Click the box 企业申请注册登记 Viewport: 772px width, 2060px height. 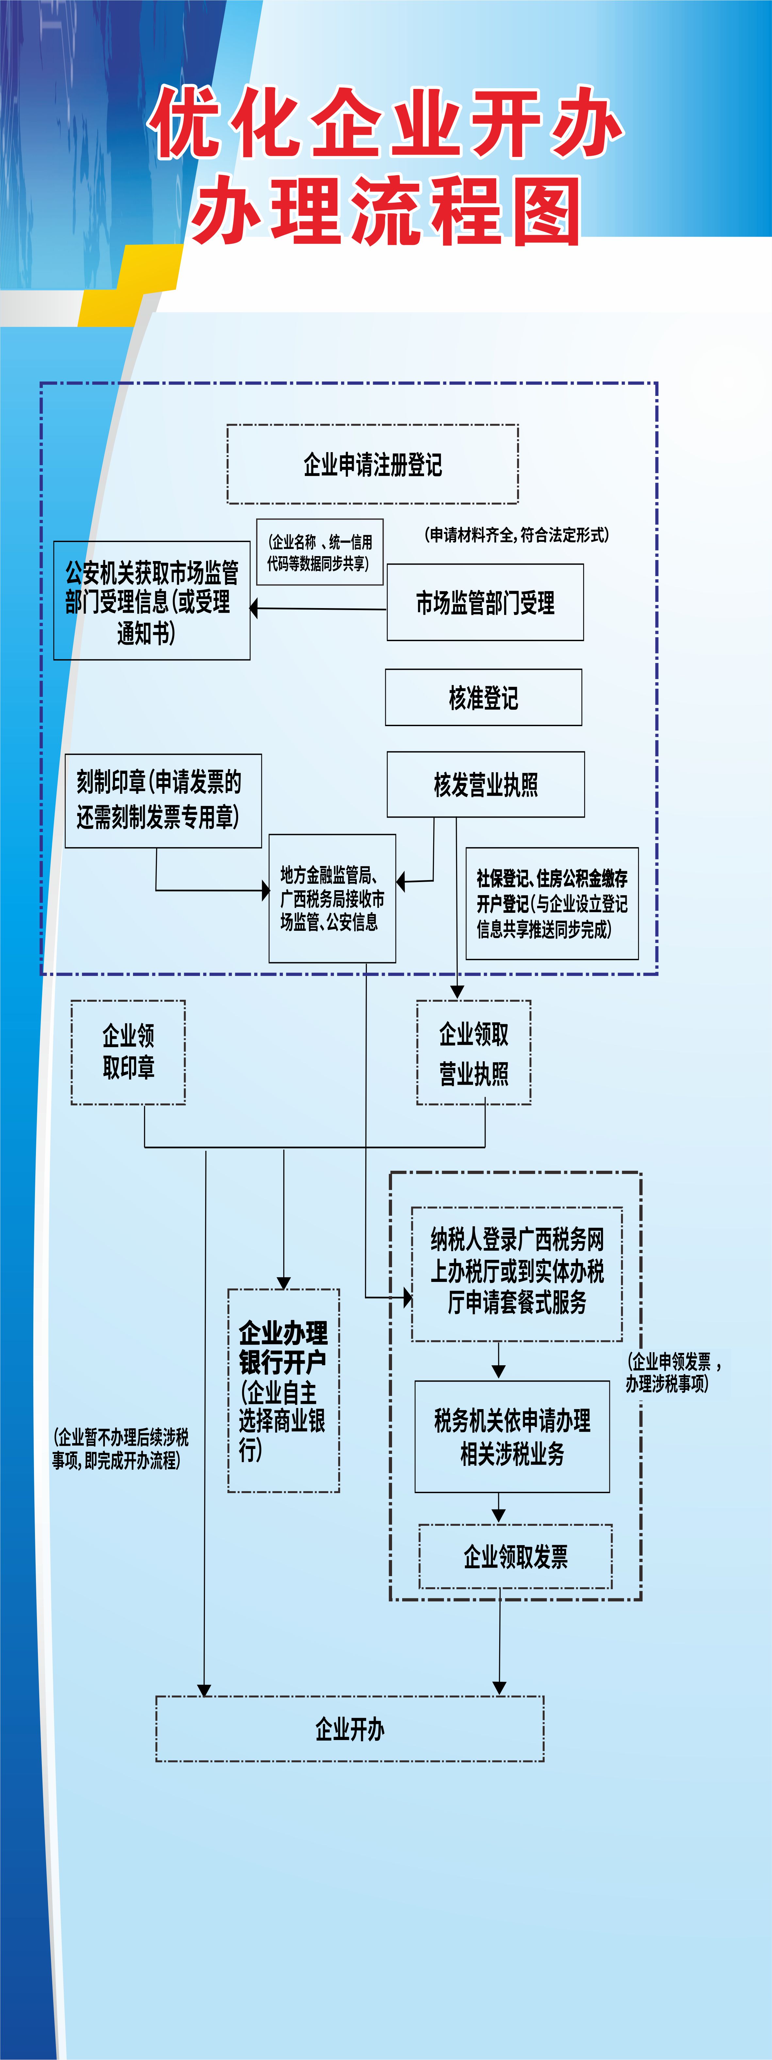(x=372, y=464)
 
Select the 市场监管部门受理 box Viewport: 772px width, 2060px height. (x=485, y=602)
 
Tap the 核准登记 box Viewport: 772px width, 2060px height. (x=484, y=697)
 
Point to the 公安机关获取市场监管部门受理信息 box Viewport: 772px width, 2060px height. (x=152, y=601)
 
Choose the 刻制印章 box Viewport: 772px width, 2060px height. (x=163, y=800)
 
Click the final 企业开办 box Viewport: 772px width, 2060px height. (x=350, y=1729)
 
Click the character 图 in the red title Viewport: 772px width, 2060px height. (x=547, y=210)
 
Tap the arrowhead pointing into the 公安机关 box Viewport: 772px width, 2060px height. (x=254, y=608)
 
